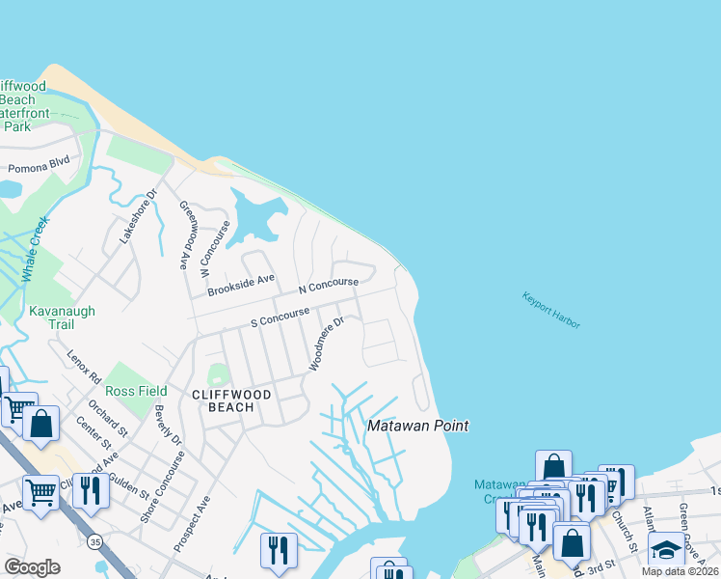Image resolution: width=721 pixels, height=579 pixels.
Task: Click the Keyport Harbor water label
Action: [x=551, y=311]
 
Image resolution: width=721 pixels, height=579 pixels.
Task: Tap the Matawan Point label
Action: [x=418, y=426]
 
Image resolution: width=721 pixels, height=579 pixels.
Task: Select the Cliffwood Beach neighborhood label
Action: [x=223, y=400]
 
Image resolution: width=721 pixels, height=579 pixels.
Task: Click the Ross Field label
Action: [x=137, y=391]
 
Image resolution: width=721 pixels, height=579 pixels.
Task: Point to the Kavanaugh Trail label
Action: [x=38, y=318]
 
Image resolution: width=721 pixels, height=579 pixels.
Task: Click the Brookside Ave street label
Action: [x=241, y=284]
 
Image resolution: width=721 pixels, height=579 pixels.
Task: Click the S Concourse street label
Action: [x=280, y=316]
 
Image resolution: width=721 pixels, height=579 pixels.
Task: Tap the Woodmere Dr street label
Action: [x=327, y=345]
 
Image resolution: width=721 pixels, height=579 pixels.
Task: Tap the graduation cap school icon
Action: [x=665, y=550]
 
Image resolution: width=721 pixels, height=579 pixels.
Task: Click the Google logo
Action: [x=32, y=567]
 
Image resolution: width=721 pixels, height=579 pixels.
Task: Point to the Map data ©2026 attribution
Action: [x=681, y=571]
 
